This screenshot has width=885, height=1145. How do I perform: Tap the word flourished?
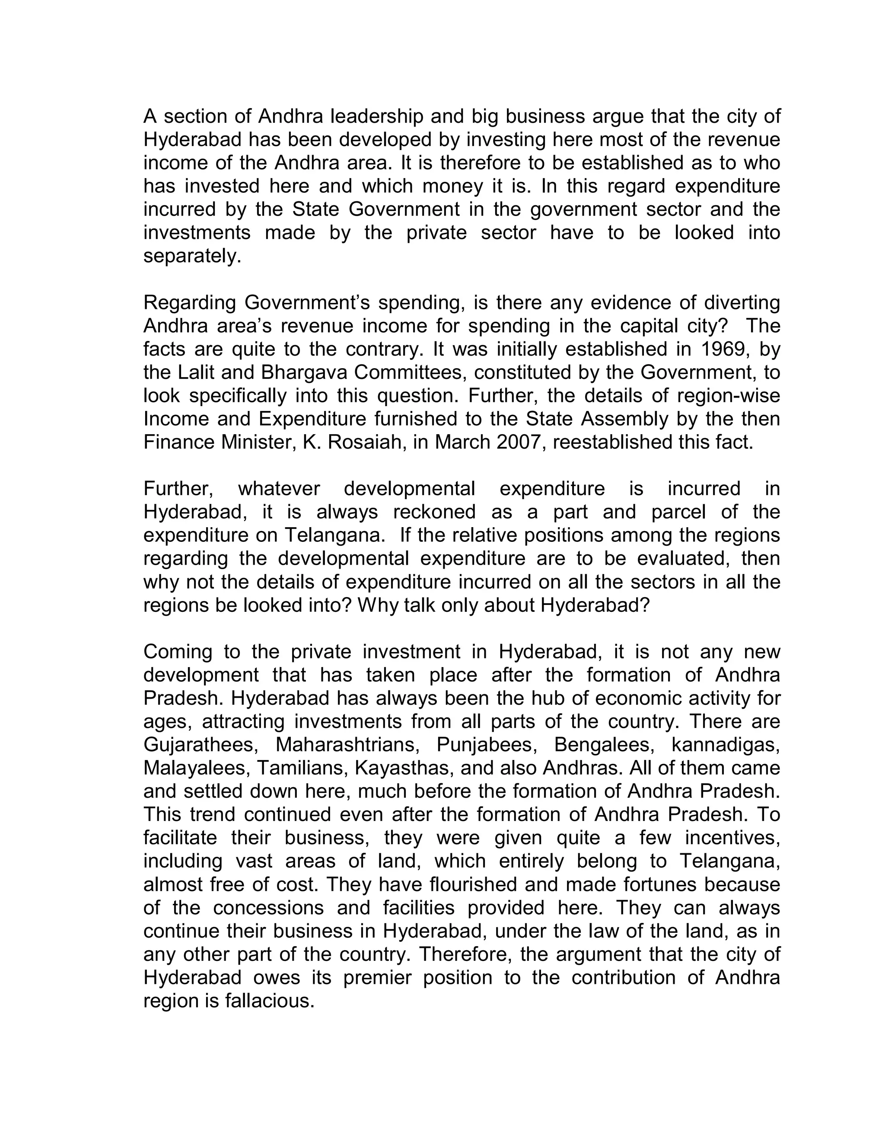coord(474,884)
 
